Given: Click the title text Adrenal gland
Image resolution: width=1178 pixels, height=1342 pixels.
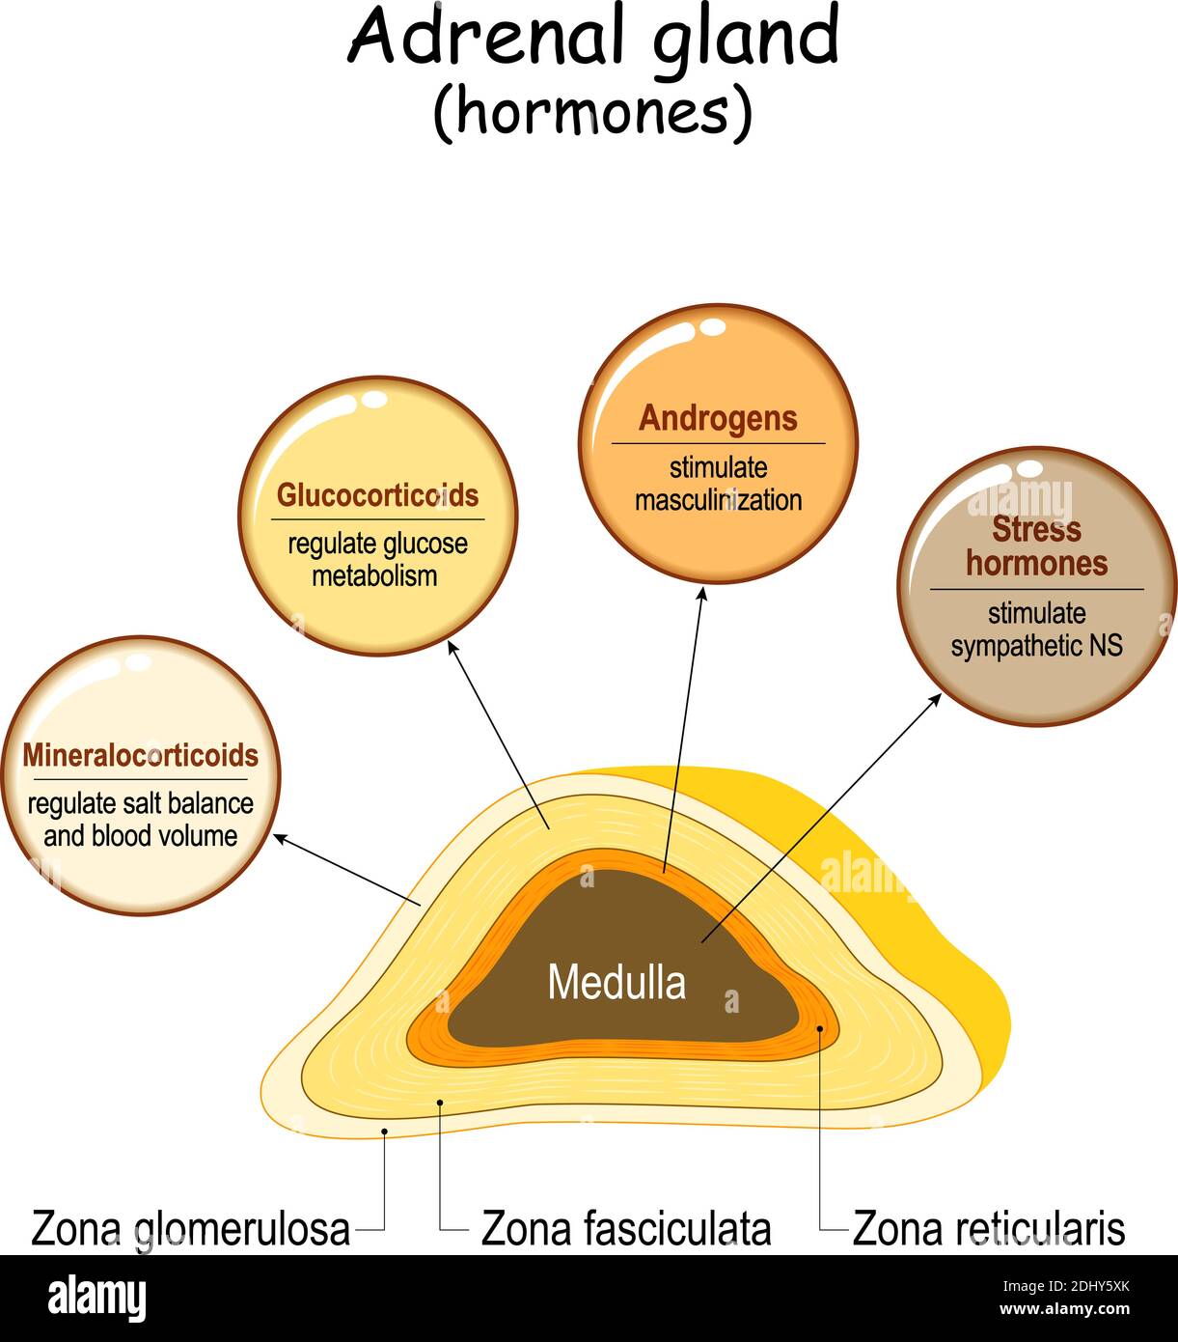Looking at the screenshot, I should pyautogui.click(x=592, y=39).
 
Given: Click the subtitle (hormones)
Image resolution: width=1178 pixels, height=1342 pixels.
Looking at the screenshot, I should pyautogui.click(x=591, y=113).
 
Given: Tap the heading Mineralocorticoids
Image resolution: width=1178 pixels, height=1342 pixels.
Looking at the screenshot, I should pyautogui.click(x=141, y=755).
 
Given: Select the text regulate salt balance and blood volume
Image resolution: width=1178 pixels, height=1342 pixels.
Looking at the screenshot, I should pyautogui.click(x=141, y=820).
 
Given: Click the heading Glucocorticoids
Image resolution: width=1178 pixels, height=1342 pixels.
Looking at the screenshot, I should pyautogui.click(x=377, y=495).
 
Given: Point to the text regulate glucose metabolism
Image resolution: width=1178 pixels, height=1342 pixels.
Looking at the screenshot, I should pyautogui.click(x=377, y=559).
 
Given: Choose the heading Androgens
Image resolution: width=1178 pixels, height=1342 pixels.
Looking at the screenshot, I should pyautogui.click(x=718, y=418).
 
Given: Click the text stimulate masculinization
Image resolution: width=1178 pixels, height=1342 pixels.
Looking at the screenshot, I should pyautogui.click(x=718, y=484).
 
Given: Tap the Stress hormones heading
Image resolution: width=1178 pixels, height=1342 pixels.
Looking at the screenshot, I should pyautogui.click(x=1036, y=546).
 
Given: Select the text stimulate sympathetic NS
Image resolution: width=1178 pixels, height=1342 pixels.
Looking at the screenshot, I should pyautogui.click(x=1036, y=629).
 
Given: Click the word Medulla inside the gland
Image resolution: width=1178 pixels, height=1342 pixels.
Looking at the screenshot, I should pyautogui.click(x=616, y=983).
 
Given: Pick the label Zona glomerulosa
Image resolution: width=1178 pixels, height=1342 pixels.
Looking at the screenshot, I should pyautogui.click(x=190, y=1229).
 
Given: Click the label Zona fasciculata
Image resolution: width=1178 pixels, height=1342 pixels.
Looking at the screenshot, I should pyautogui.click(x=625, y=1229).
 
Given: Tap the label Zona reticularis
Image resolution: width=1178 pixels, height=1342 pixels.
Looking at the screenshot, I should pyautogui.click(x=988, y=1229).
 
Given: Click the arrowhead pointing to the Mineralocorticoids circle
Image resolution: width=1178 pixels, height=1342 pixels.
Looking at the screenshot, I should pyautogui.click(x=281, y=838).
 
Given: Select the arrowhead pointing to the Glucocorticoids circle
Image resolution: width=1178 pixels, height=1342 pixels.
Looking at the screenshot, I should pyautogui.click(x=451, y=649).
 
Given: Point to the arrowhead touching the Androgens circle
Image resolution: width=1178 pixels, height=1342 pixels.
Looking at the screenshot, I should pyautogui.click(x=702, y=593).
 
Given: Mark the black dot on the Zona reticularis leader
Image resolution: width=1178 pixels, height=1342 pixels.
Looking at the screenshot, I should pyautogui.click(x=820, y=1029).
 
